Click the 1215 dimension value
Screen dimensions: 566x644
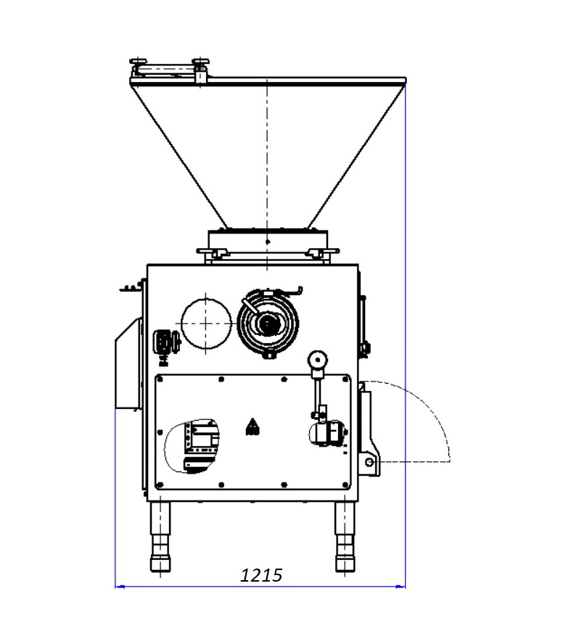[261, 575]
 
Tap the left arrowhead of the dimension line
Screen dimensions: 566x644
[120, 587]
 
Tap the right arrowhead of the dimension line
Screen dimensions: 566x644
[401, 587]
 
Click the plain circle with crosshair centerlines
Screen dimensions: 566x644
[206, 323]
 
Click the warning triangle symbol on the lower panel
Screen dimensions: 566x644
[253, 426]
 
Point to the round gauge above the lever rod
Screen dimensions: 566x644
[317, 360]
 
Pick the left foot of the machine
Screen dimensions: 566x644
[160, 537]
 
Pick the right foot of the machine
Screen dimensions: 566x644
[345, 537]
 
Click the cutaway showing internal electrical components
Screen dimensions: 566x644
[192, 447]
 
